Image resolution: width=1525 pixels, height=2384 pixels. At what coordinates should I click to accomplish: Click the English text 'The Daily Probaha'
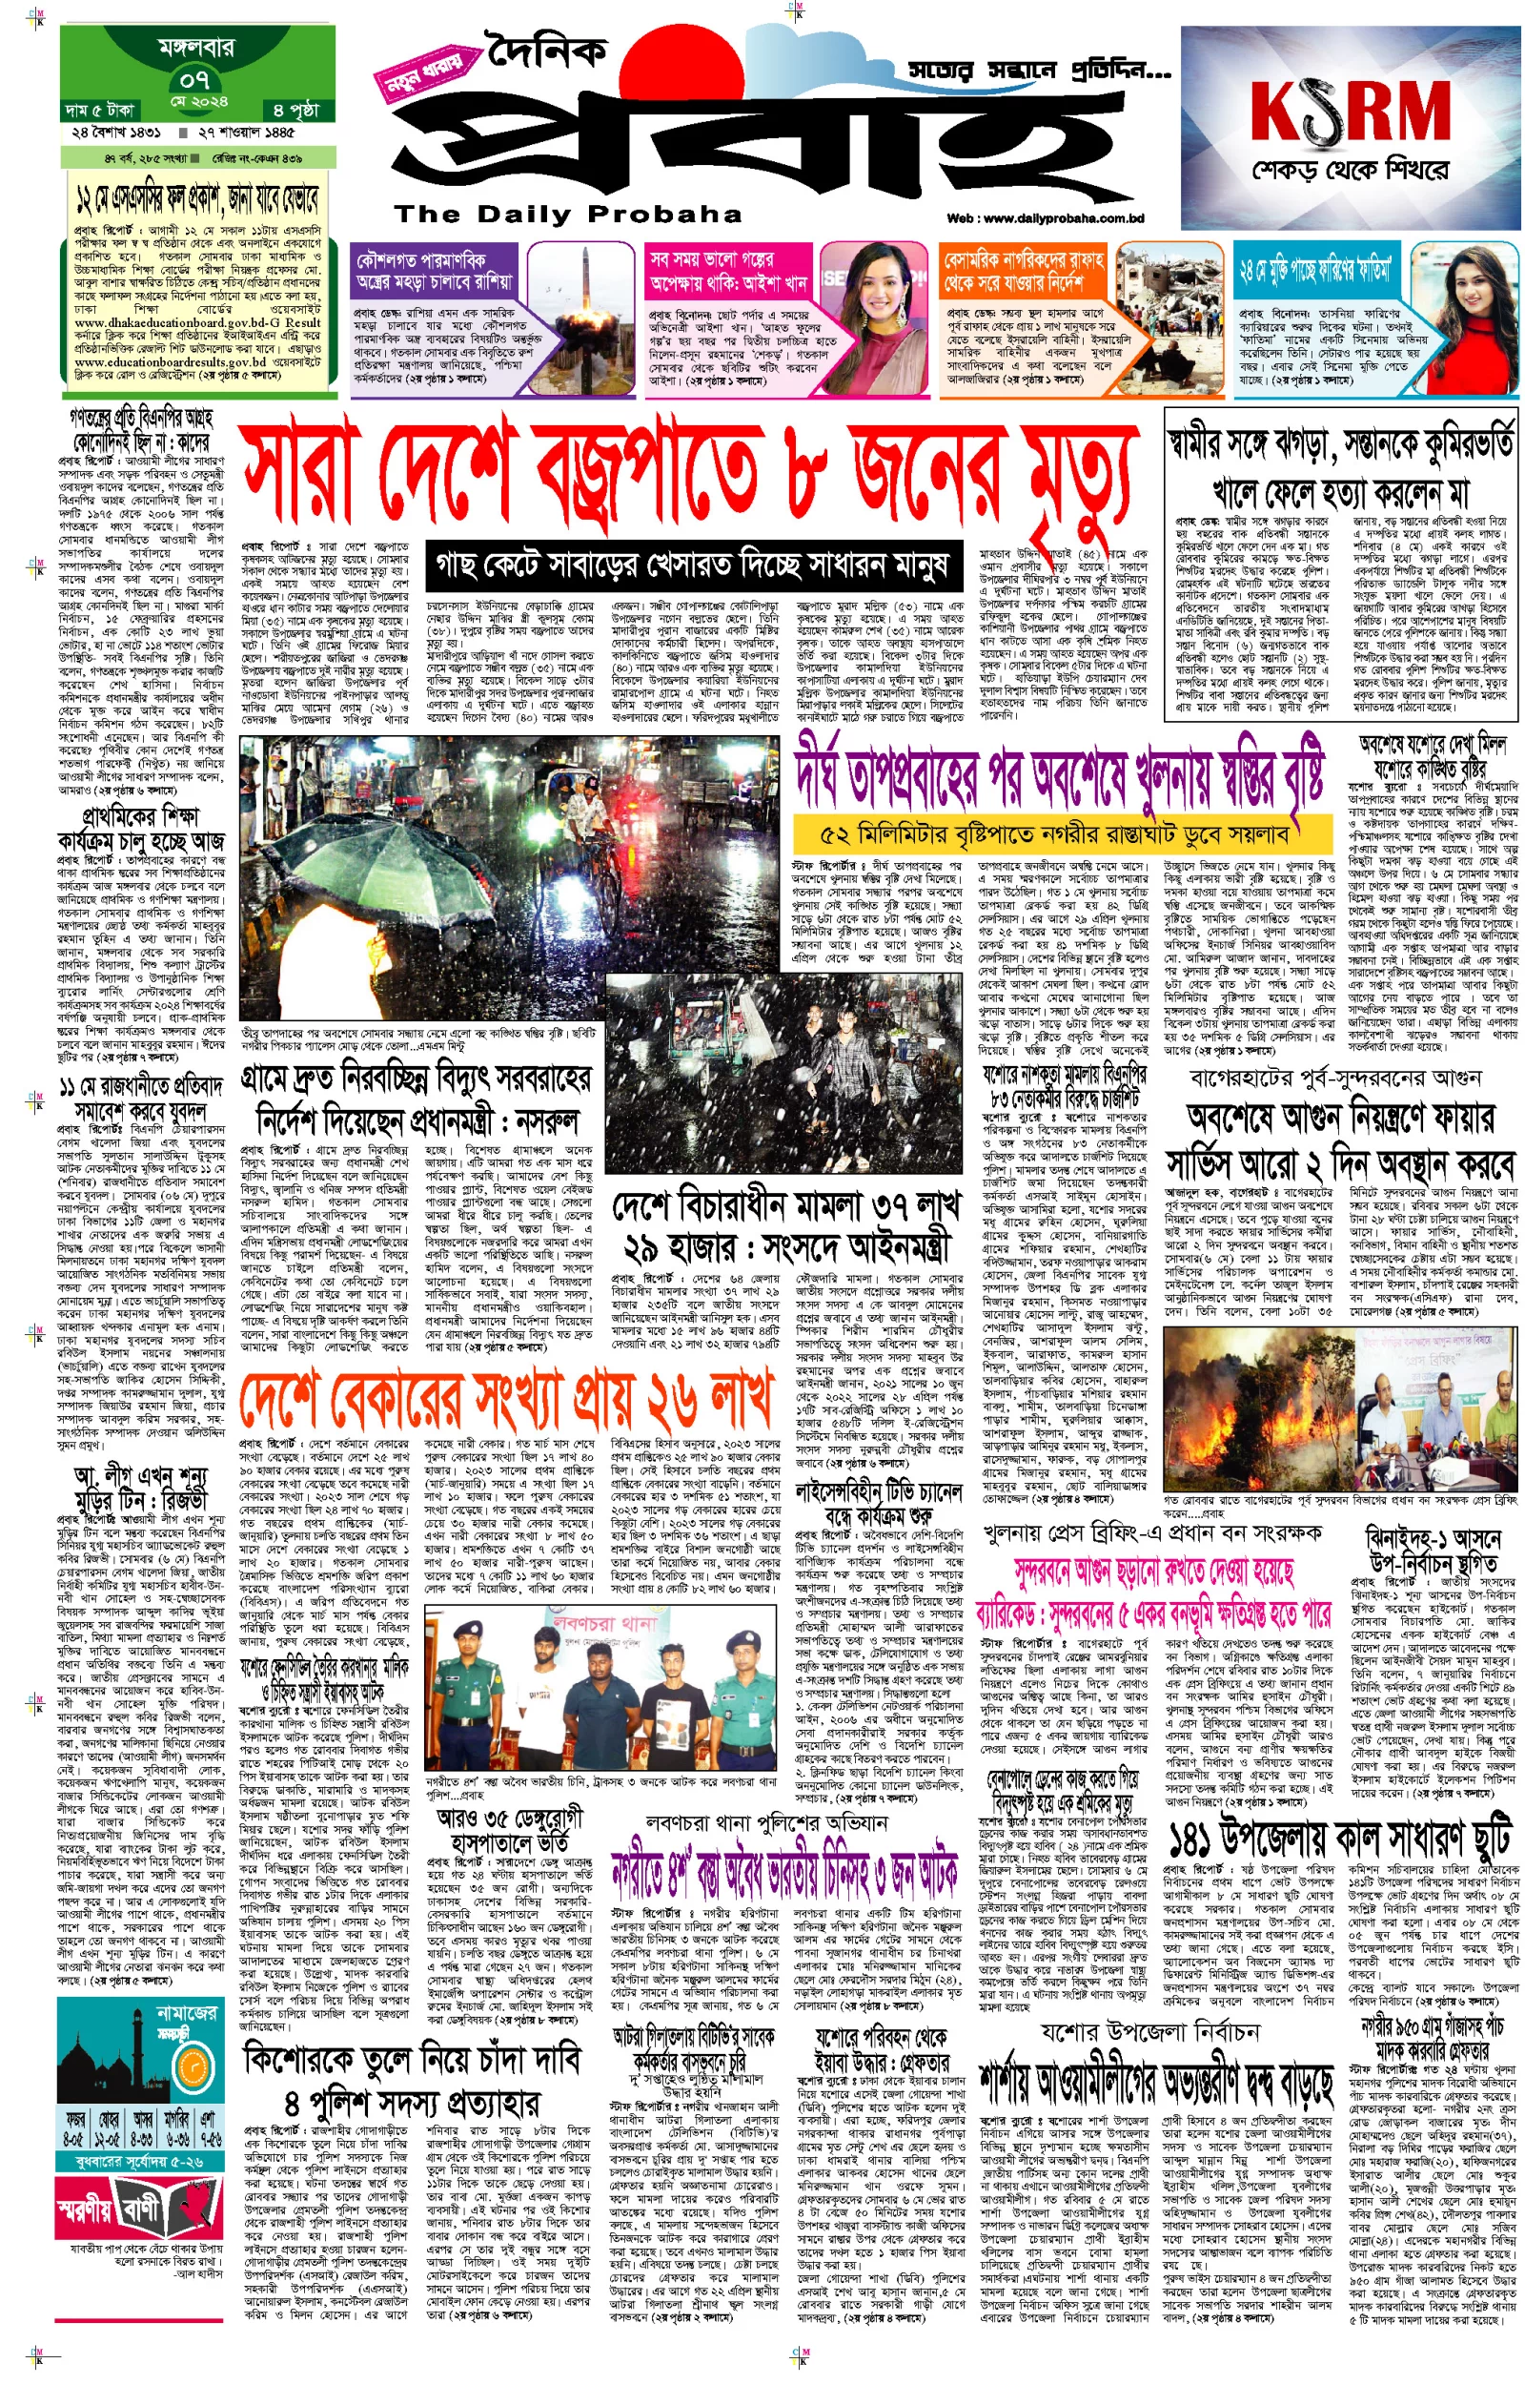567,214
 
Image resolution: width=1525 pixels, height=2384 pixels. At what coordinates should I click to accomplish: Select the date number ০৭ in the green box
195,78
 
